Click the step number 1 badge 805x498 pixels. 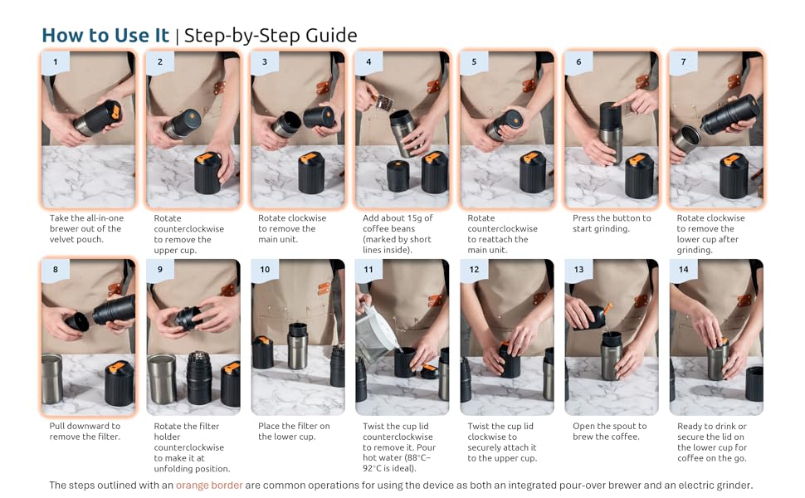(56, 62)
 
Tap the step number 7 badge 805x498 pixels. (683, 62)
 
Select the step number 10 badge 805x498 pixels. (265, 270)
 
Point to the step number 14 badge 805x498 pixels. (683, 270)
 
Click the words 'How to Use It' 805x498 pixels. (105, 36)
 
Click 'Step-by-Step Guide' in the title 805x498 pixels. (271, 36)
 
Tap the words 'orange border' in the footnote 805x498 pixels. (209, 486)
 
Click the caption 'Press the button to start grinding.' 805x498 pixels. (612, 223)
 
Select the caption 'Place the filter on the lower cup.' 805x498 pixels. (294, 432)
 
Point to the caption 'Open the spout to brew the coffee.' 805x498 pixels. (609, 432)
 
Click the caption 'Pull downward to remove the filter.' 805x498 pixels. (85, 432)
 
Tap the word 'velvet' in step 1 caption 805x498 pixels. (62, 239)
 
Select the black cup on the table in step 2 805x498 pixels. (208, 173)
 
